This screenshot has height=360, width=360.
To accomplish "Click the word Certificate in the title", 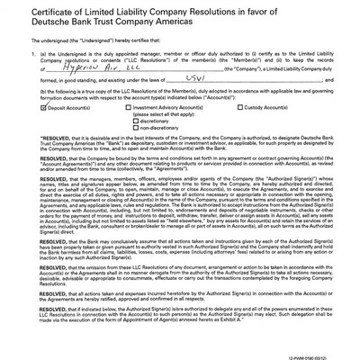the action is (x=36, y=11).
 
